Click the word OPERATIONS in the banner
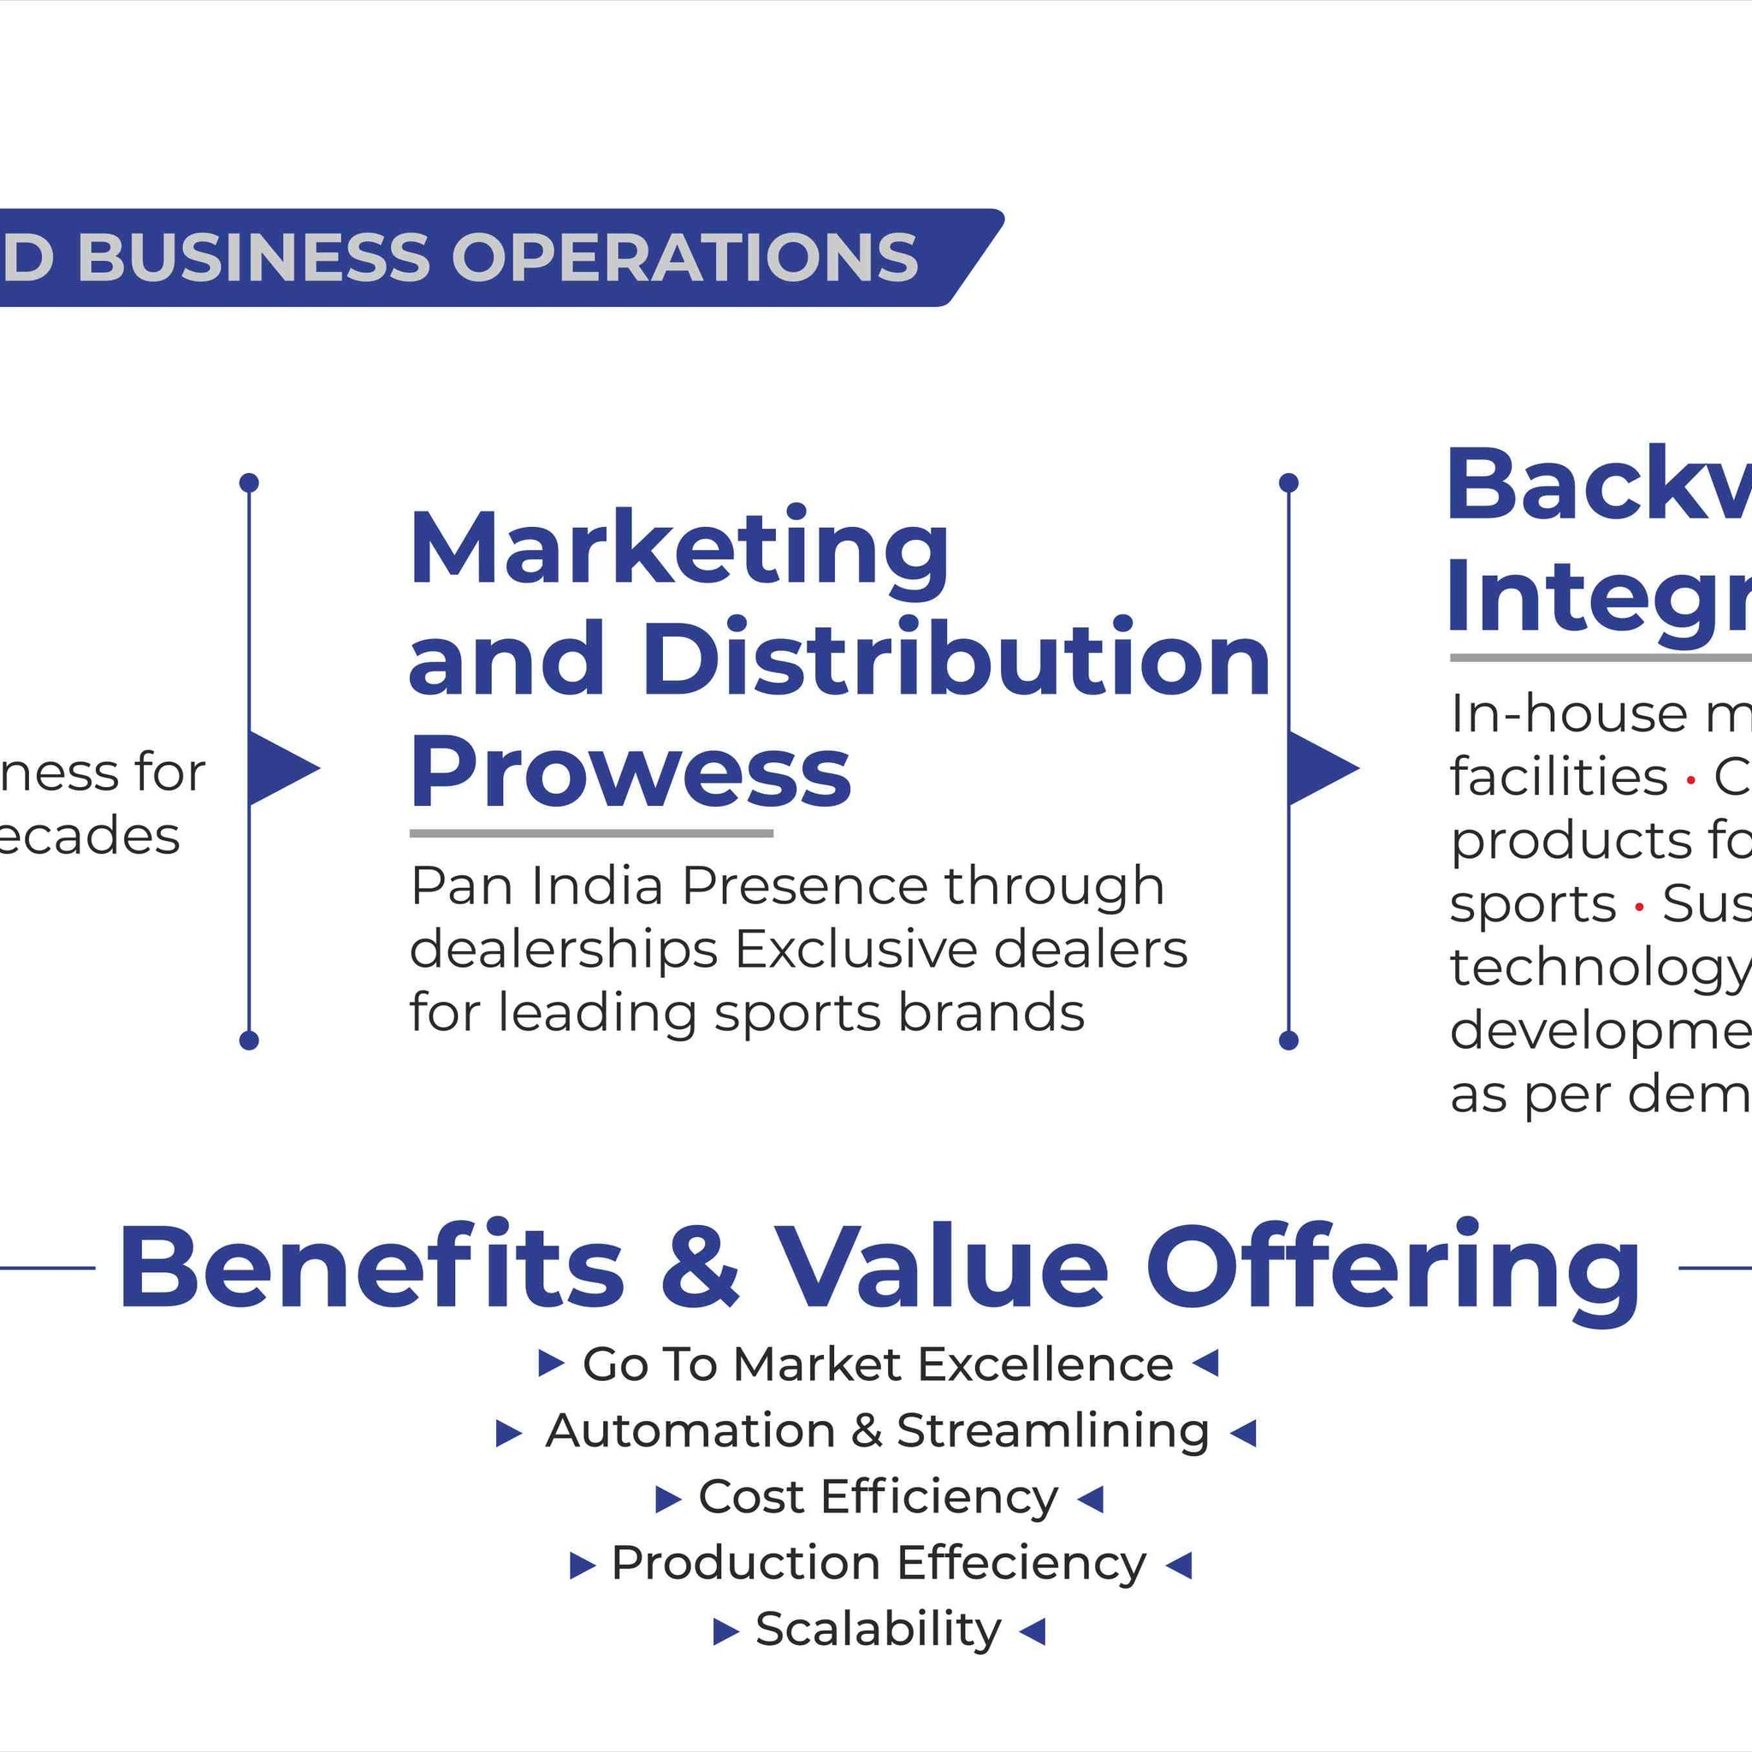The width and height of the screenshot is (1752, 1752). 684,257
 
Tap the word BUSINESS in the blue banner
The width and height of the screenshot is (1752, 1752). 253,257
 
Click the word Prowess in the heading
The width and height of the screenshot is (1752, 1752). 630,772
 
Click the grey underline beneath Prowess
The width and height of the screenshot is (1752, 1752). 591,832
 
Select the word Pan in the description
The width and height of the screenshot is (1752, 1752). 462,886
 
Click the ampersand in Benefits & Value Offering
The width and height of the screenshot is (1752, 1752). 699,1266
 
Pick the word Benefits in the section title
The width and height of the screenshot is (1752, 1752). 371,1266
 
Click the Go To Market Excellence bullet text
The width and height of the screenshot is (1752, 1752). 878,1364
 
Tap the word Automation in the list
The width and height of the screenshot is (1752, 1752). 690,1431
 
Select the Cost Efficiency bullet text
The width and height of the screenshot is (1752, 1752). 878,1497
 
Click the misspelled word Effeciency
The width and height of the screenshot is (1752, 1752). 1021,1564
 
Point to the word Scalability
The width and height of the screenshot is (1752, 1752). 878,1630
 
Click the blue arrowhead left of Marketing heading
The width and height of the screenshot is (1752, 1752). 282,768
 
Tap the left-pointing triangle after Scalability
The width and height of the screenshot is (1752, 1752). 1033,1631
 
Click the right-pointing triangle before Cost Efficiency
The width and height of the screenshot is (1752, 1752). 667,1500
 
